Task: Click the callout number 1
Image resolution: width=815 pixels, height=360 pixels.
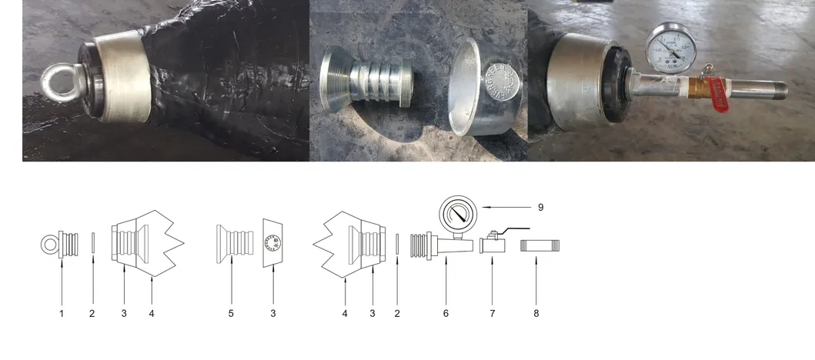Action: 62,313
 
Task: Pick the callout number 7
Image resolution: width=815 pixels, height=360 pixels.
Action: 493,313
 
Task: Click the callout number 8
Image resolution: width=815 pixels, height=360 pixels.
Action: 536,313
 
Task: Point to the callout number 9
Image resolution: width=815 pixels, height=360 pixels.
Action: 540,207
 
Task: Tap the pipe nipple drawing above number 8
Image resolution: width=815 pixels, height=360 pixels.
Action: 540,246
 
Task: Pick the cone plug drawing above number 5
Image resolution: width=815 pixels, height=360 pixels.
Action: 231,243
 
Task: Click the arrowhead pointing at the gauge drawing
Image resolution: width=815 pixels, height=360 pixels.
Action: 483,206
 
